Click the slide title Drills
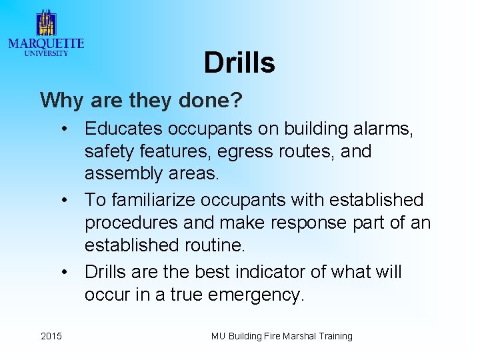point(239,63)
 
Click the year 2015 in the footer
point(51,336)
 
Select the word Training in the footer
point(334,336)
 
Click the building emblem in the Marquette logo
point(45,23)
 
